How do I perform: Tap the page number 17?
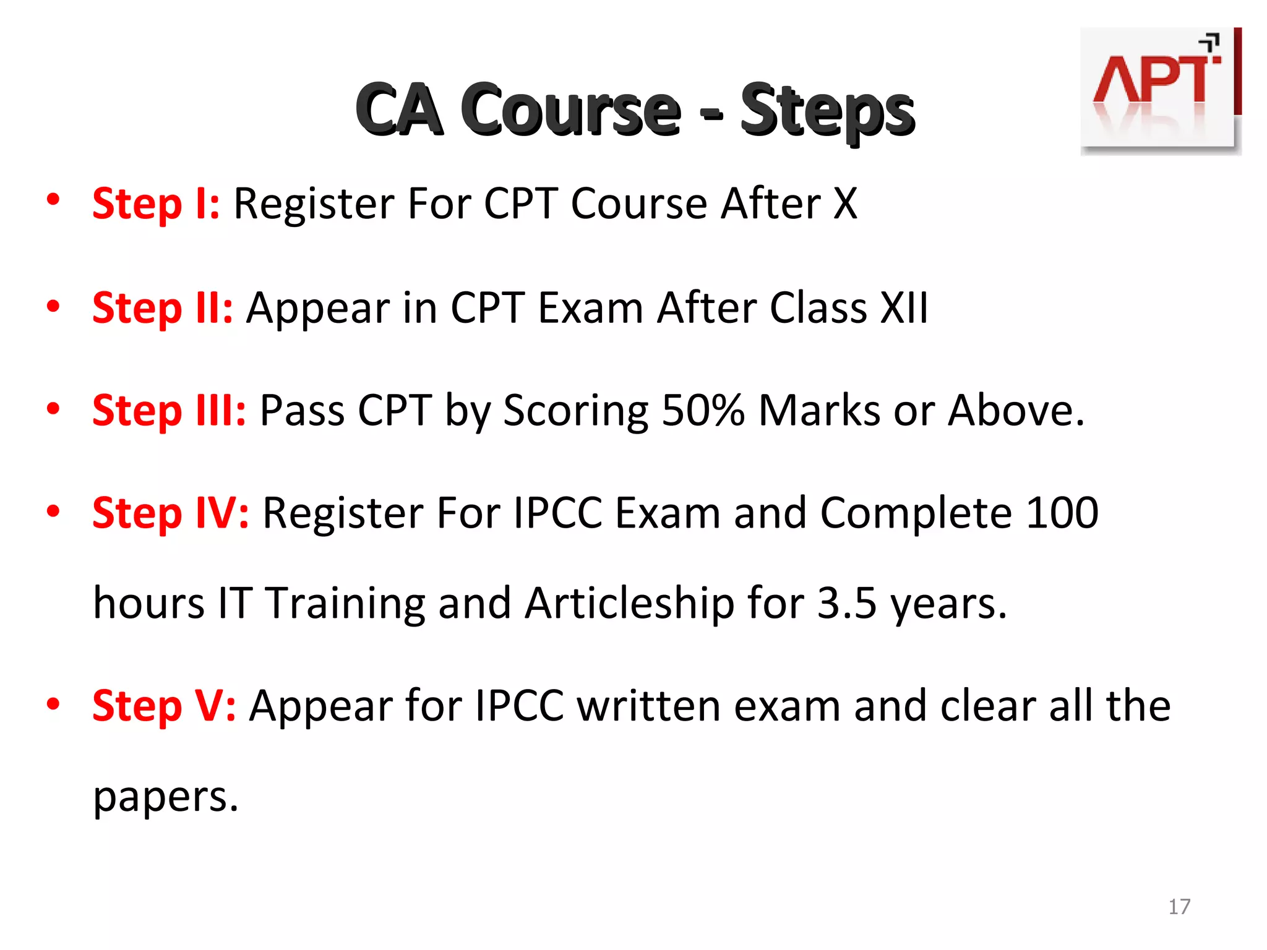[1179, 907]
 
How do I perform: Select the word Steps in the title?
[827, 111]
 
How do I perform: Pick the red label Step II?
[163, 307]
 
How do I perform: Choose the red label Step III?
[169, 410]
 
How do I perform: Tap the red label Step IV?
[171, 513]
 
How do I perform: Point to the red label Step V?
[164, 706]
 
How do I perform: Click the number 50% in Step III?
[703, 410]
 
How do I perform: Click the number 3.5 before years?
[847, 603]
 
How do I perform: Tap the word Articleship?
[629, 603]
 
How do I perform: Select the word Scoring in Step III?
[575, 411]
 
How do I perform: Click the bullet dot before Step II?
[53, 306]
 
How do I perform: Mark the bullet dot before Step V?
[53, 704]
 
